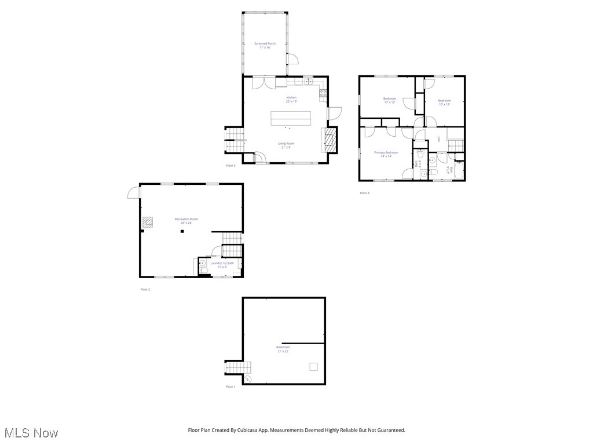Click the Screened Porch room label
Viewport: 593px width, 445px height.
pyautogui.click(x=265, y=43)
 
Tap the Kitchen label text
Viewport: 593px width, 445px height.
pyautogui.click(x=291, y=97)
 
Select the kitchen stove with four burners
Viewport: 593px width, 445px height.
pyautogui.click(x=323, y=92)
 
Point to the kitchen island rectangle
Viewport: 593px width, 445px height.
pyautogui.click(x=290, y=118)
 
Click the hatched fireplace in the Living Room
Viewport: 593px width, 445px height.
pyautogui.click(x=330, y=140)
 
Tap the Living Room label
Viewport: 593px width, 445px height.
pyautogui.click(x=286, y=143)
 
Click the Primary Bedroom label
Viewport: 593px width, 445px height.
pyautogui.click(x=386, y=152)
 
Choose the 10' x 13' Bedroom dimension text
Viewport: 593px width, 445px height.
pyautogui.click(x=444, y=104)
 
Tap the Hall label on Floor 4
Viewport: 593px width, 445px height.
pyautogui.click(x=439, y=138)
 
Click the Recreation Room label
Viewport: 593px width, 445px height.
pyautogui.click(x=186, y=219)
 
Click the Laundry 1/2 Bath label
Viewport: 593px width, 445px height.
pyautogui.click(x=222, y=263)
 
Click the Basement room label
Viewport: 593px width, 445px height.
pyautogui.click(x=283, y=347)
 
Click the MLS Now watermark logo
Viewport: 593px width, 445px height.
pyautogui.click(x=31, y=433)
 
